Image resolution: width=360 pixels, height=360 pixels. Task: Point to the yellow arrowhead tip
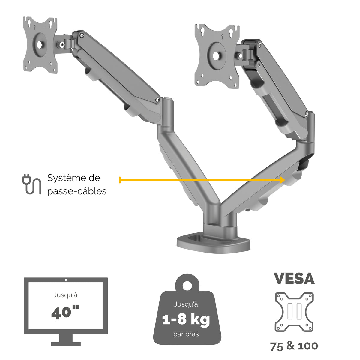coord(285,180)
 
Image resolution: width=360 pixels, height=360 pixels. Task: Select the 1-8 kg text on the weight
coord(186,319)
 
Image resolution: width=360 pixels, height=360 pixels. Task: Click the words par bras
coord(186,334)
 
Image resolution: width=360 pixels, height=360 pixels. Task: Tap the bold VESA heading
coord(294,279)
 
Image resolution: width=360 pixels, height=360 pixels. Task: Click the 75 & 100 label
coord(294,346)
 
